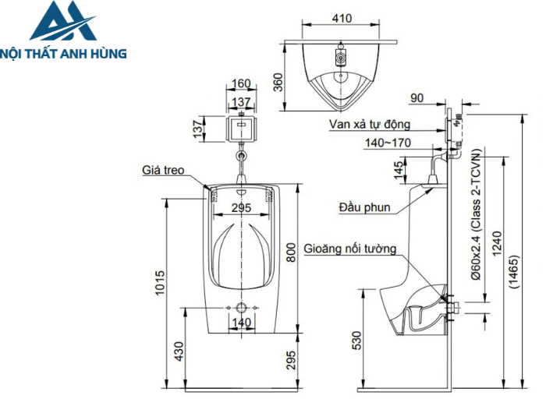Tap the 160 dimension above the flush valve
241,83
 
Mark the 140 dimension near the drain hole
242,323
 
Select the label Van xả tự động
376,123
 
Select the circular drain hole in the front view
242,308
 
